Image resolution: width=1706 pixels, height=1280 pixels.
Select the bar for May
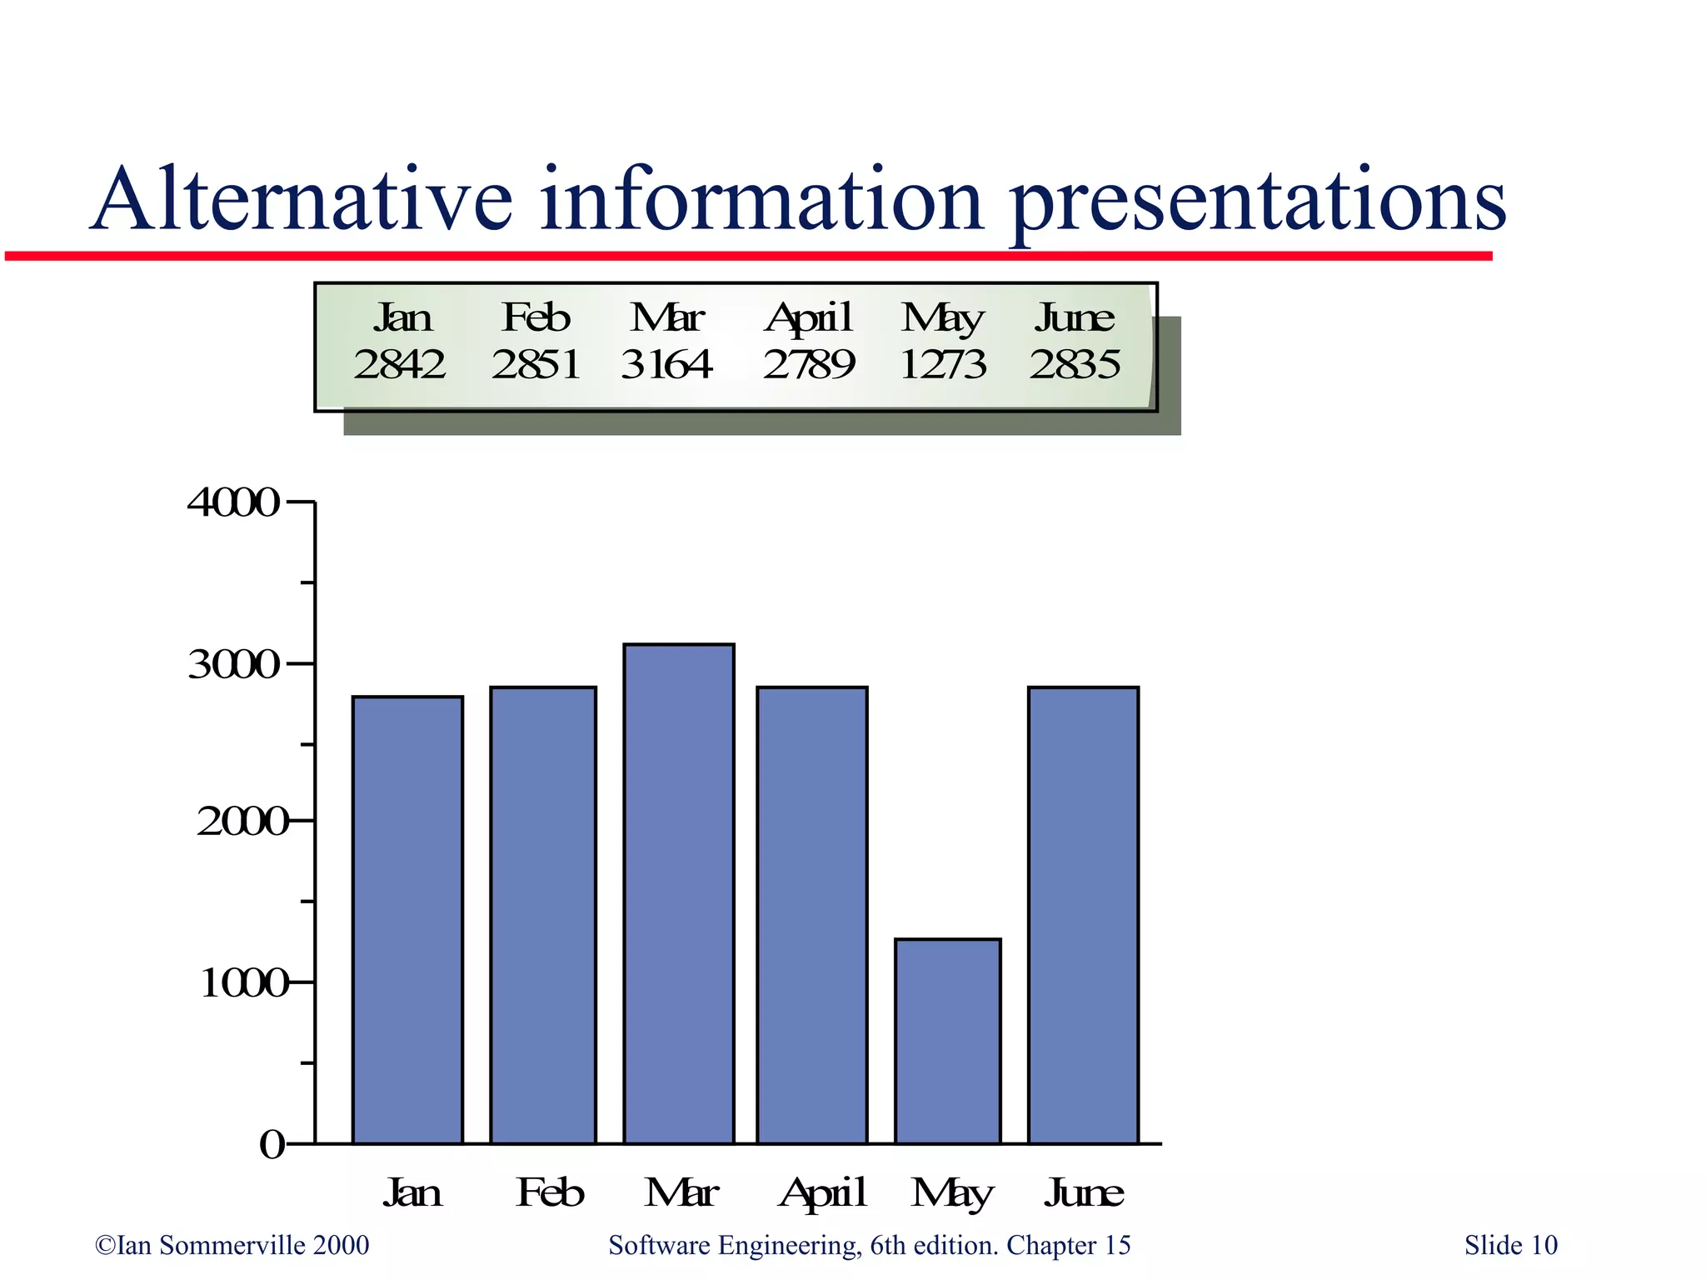(x=947, y=1041)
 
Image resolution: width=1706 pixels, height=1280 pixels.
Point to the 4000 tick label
(x=233, y=502)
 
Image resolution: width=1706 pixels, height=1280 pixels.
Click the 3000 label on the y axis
(x=233, y=665)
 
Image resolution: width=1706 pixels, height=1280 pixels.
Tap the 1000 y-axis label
(x=242, y=984)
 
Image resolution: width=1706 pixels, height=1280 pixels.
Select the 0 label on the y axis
(x=272, y=1145)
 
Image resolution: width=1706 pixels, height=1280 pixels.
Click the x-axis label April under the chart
(x=823, y=1192)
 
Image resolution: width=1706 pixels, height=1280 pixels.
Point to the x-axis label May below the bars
(x=951, y=1193)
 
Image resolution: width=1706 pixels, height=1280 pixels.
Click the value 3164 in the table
(x=666, y=364)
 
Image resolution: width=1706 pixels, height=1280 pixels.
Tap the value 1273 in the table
(x=943, y=364)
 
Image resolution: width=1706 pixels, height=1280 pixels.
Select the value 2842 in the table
(x=399, y=364)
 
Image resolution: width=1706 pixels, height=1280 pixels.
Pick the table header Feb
(x=536, y=317)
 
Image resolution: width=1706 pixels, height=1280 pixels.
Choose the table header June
(x=1075, y=317)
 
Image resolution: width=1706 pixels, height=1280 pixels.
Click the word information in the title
(x=761, y=200)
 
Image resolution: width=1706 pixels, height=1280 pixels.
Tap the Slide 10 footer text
(x=1510, y=1245)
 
